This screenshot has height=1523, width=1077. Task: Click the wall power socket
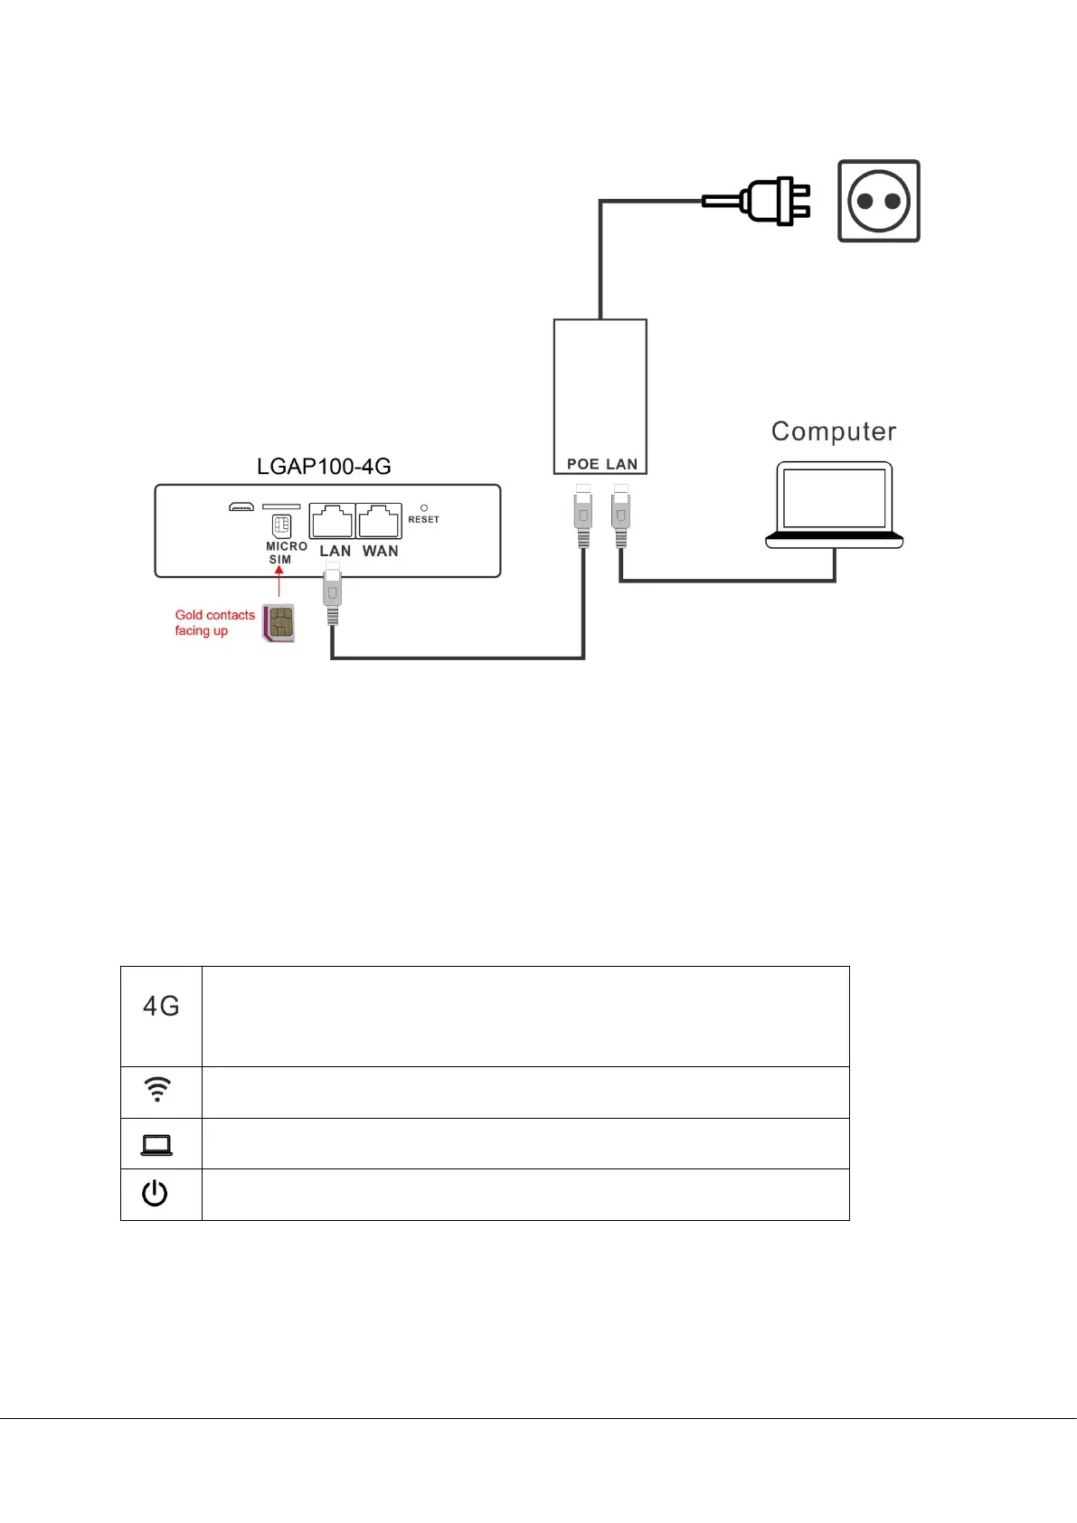[878, 201]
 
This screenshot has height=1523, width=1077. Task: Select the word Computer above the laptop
[834, 431]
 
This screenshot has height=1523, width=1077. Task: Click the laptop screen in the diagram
[834, 497]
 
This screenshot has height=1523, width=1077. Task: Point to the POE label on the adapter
[582, 464]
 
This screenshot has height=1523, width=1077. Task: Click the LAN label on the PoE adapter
[622, 464]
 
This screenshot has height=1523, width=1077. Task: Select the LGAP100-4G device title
[324, 467]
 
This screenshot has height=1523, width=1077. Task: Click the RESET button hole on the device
[424, 508]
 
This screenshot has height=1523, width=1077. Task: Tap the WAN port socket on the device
[379, 521]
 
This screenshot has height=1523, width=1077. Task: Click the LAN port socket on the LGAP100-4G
[332, 521]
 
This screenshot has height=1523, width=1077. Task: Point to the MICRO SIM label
[286, 553]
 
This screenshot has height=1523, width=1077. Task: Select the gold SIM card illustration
[279, 622]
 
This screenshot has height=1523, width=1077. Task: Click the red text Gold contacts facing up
[214, 622]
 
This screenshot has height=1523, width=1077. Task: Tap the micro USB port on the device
[241, 506]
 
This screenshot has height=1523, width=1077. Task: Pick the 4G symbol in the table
[161, 1006]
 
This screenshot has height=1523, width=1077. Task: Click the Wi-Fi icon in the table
[157, 1089]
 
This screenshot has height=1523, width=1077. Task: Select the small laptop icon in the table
[156, 1145]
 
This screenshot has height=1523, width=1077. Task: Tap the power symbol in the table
[155, 1193]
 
